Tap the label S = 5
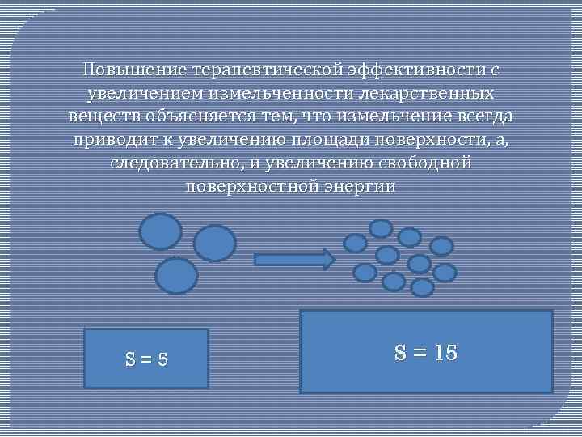(x=146, y=359)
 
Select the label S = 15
(x=426, y=352)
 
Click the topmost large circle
(x=161, y=231)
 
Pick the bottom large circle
(x=176, y=275)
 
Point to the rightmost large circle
(x=215, y=243)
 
